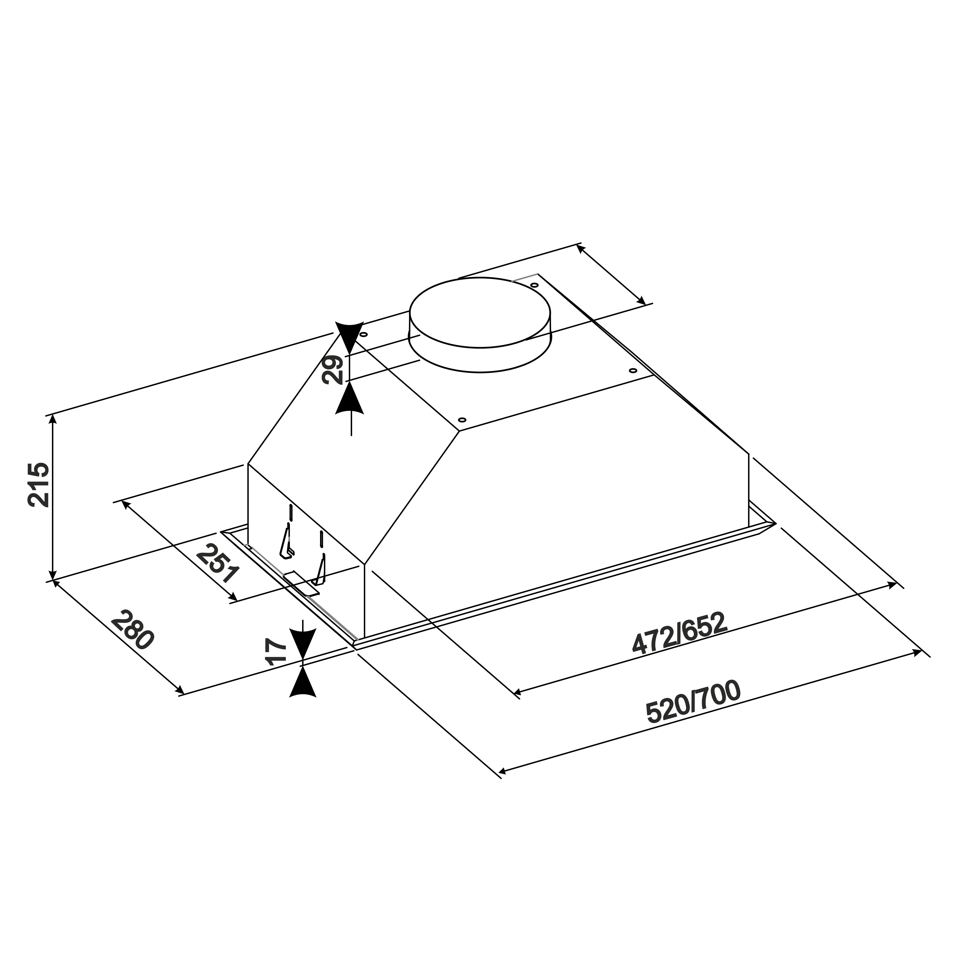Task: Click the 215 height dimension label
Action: tap(39, 485)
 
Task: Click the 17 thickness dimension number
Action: tap(276, 652)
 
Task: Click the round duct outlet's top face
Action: tap(480, 313)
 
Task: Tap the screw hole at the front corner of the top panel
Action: tap(462, 420)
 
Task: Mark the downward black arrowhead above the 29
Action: tap(350, 337)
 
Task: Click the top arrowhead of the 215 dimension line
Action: tap(53, 420)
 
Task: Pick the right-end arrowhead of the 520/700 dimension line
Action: tap(916, 652)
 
